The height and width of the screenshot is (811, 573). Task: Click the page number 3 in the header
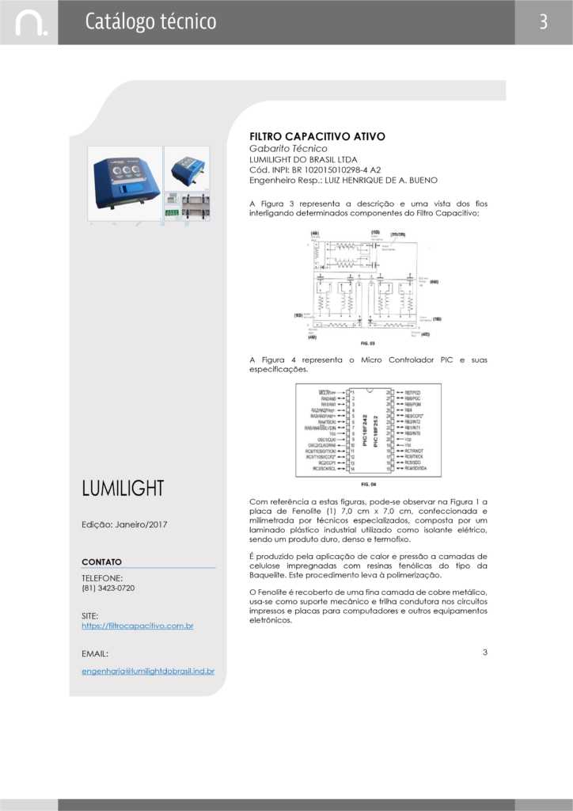(544, 22)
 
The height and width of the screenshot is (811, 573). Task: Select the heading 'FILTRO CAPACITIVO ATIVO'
(317, 136)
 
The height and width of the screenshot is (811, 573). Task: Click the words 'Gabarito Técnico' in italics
(288, 148)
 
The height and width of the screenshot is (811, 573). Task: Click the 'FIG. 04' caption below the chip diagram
(368, 484)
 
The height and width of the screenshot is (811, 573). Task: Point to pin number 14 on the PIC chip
(352, 469)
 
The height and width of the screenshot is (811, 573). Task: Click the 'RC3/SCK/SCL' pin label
(324, 469)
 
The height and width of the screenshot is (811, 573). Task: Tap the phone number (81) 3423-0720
(108, 588)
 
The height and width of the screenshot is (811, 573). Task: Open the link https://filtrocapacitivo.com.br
(138, 626)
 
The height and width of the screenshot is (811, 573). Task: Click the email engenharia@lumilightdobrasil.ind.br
(148, 671)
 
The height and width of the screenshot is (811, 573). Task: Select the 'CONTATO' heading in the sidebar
(101, 562)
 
